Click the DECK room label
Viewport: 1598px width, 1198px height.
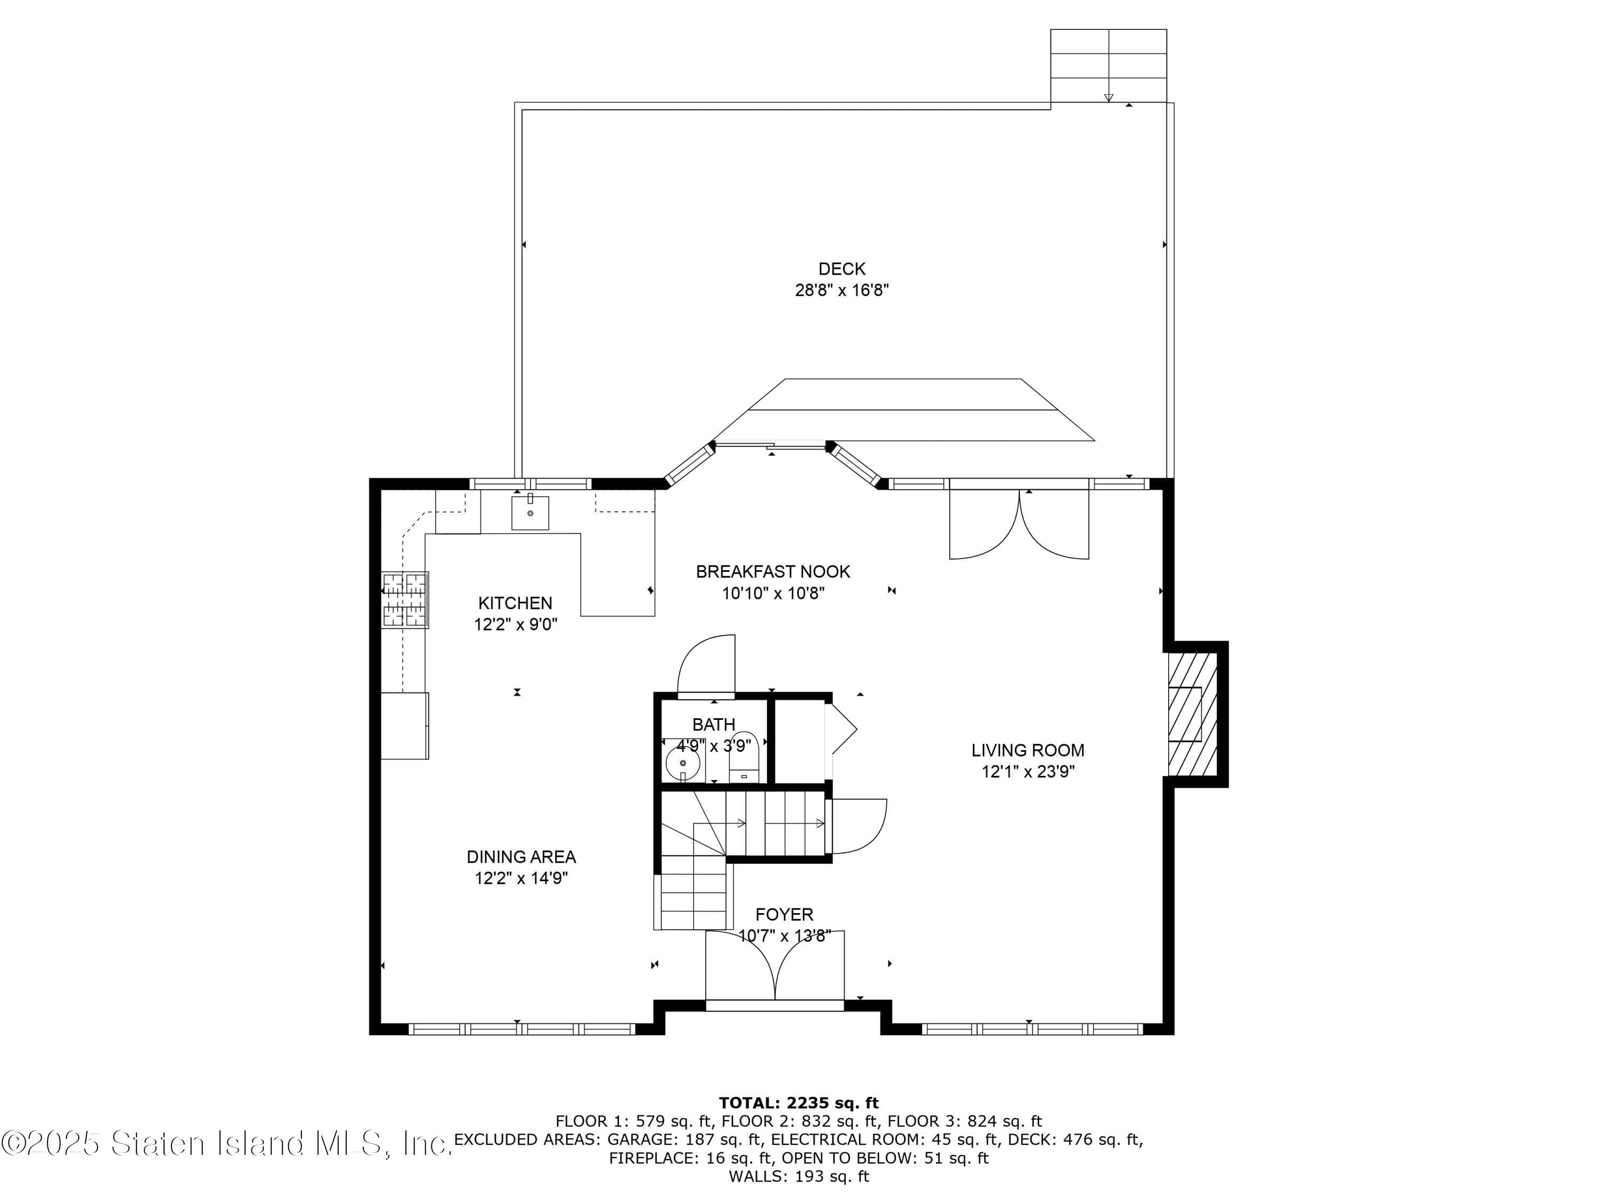[842, 269]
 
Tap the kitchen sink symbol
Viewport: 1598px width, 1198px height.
[529, 513]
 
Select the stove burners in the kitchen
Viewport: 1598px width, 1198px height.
[404, 600]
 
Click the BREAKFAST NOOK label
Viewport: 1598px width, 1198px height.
[773, 572]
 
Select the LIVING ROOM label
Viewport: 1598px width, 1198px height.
[1028, 750]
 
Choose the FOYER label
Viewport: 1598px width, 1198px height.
[784, 915]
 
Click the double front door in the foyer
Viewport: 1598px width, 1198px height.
[774, 967]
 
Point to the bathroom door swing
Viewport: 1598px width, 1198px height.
[706, 664]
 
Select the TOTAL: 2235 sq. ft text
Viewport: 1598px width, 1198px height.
[798, 1103]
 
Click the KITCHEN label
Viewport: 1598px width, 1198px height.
[515, 603]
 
